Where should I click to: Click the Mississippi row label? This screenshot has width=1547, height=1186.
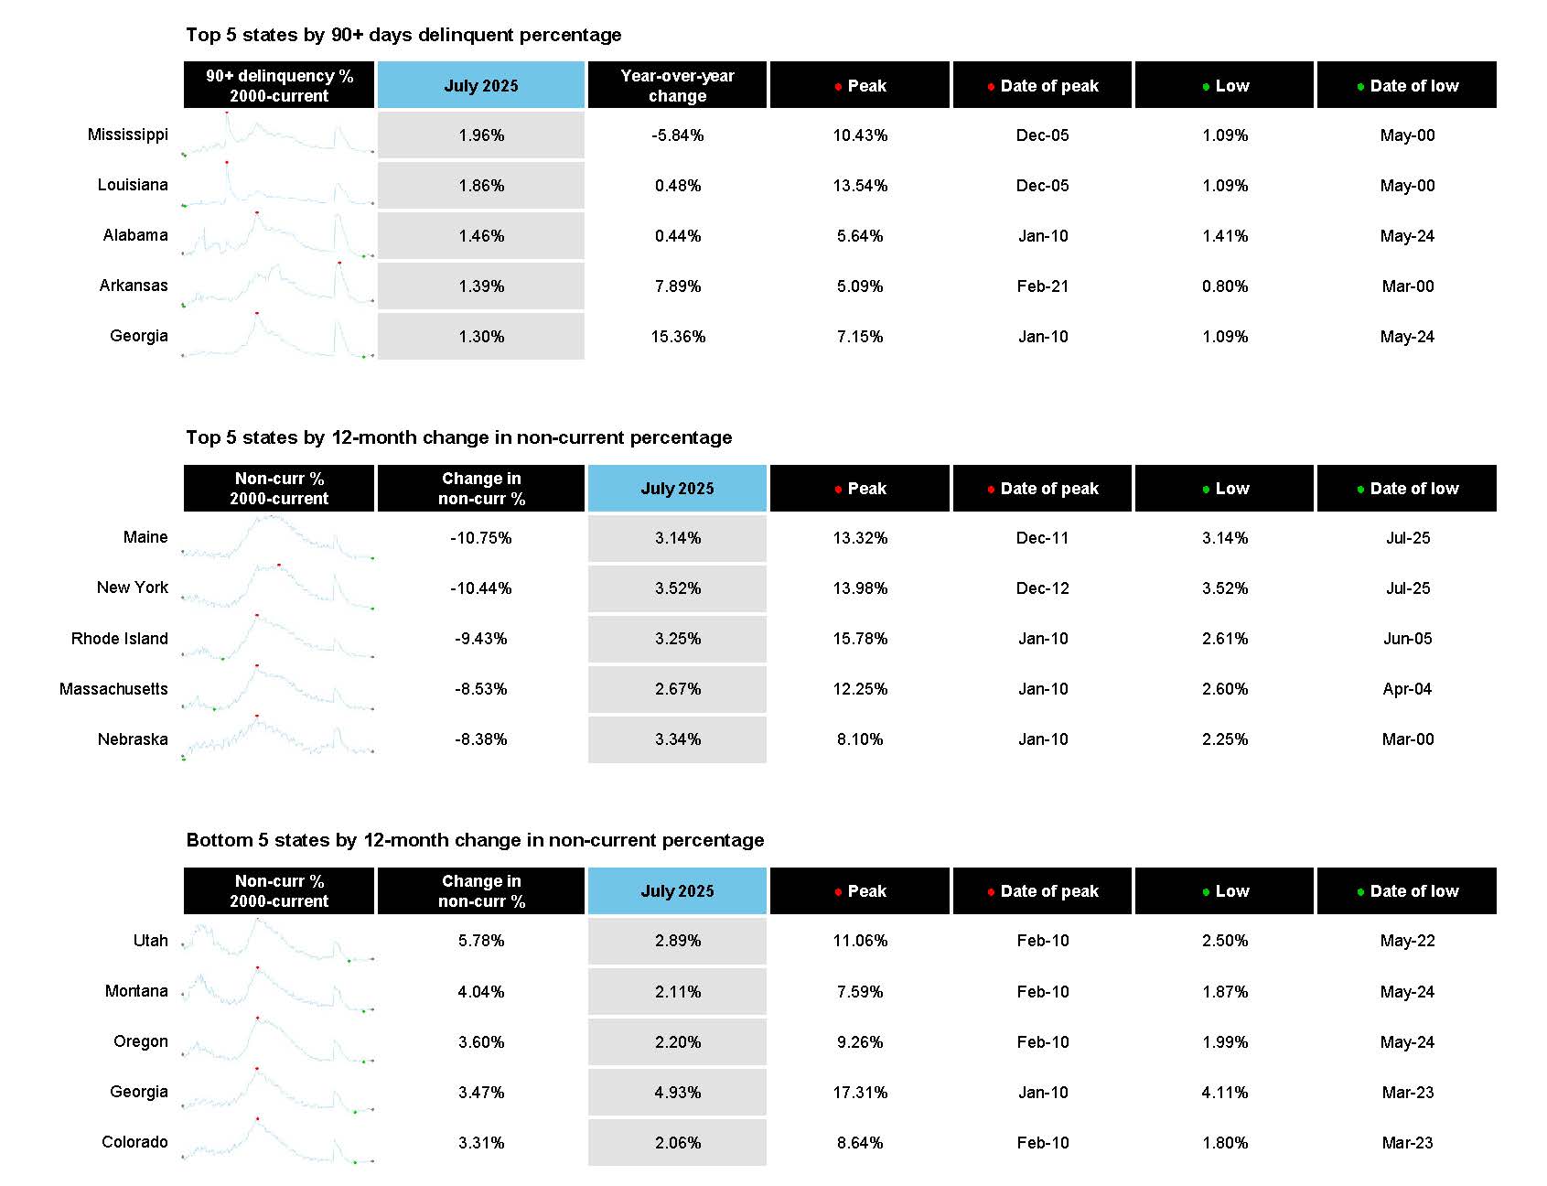tap(127, 135)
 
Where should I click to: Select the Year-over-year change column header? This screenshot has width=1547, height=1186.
tap(677, 85)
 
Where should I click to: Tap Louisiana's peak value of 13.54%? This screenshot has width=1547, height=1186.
tap(860, 186)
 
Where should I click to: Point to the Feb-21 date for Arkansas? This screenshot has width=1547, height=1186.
tap(1042, 286)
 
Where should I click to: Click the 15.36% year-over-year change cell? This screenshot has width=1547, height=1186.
tap(678, 337)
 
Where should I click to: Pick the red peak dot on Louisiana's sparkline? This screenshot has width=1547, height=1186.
tap(226, 162)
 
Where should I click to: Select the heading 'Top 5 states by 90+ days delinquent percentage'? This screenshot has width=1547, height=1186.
tap(403, 35)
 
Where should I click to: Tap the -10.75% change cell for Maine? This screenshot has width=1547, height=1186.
tap(481, 538)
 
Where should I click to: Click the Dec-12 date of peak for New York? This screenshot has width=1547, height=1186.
tap(1042, 588)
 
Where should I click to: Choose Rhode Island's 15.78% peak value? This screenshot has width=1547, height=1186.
tap(860, 639)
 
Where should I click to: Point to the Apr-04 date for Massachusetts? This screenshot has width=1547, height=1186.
tap(1407, 689)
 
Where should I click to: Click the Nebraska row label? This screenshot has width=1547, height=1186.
tap(133, 739)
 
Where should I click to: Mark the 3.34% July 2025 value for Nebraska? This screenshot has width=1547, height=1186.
tap(678, 739)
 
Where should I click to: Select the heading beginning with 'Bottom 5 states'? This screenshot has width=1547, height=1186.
tap(475, 840)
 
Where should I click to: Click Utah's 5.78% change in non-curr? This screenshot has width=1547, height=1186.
tap(481, 941)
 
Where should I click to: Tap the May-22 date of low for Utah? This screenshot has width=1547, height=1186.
tap(1407, 941)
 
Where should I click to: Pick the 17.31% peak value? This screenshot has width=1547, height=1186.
tap(860, 1092)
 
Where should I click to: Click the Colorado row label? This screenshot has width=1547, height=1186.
tap(134, 1142)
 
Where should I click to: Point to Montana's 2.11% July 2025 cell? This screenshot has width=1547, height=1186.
tap(678, 991)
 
